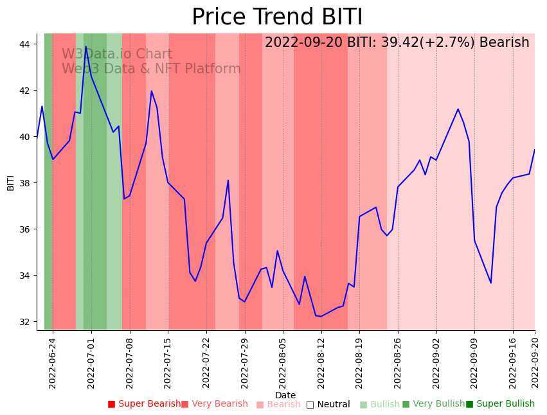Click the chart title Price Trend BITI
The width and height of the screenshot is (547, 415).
point(277,17)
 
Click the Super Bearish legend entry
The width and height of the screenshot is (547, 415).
point(144,404)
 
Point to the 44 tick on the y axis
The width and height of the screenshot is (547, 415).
point(28,44)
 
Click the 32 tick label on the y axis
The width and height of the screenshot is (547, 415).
point(28,322)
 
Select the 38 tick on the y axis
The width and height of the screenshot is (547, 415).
point(28,183)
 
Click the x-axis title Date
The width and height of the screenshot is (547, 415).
point(285,395)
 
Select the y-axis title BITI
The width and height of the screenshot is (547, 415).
point(11,182)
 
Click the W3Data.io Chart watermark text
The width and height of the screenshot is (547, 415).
point(117,55)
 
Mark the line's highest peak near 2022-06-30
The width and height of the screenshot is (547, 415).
point(85,47)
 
